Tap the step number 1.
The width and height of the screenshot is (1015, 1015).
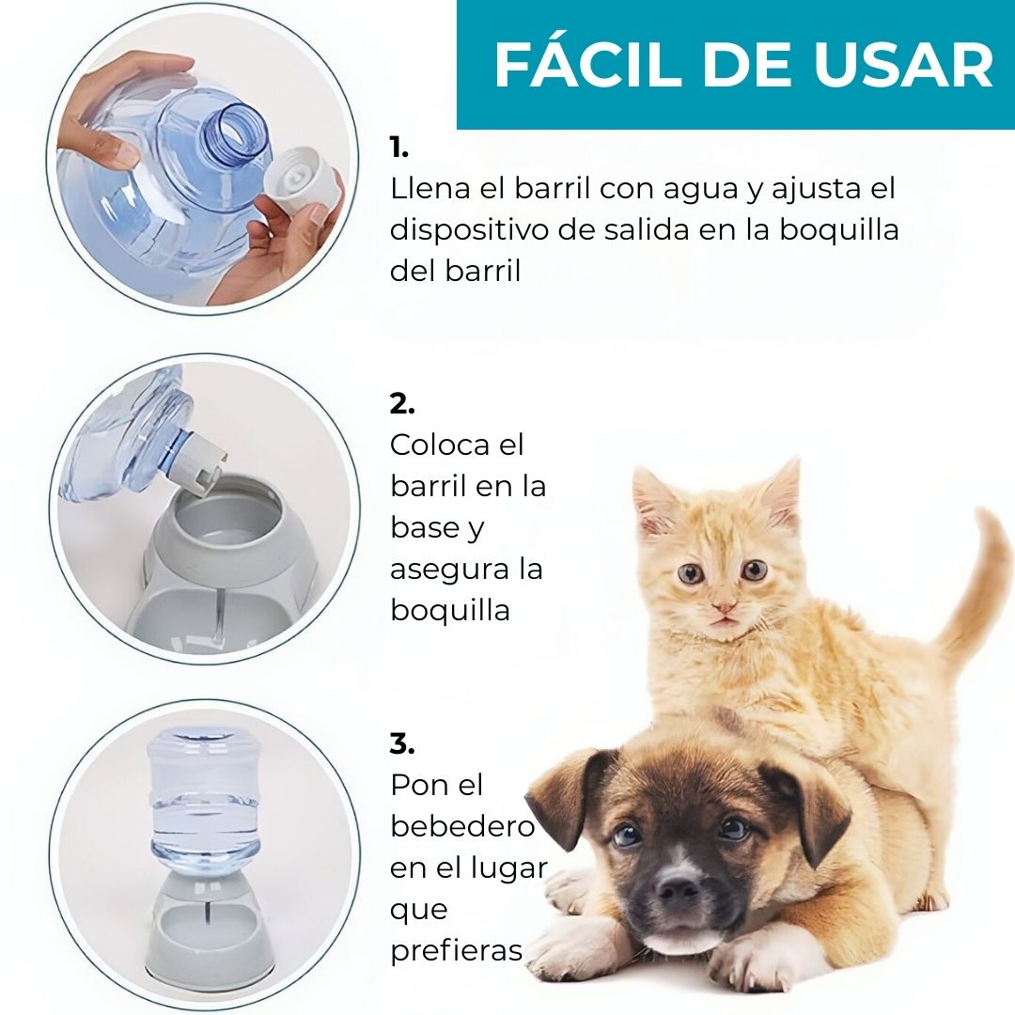point(399,148)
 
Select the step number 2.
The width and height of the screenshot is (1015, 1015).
point(402,404)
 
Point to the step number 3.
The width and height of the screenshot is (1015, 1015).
point(402,744)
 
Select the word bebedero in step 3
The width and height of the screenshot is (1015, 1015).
point(462,827)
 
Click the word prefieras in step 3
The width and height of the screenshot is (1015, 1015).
point(457,951)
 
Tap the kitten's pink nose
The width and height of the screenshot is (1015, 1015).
point(723,609)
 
